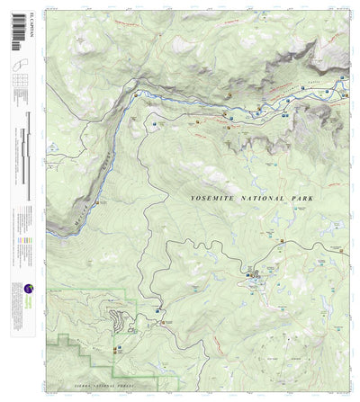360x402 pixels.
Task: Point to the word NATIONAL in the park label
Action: pos(258,198)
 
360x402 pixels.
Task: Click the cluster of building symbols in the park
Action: pos(256,275)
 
